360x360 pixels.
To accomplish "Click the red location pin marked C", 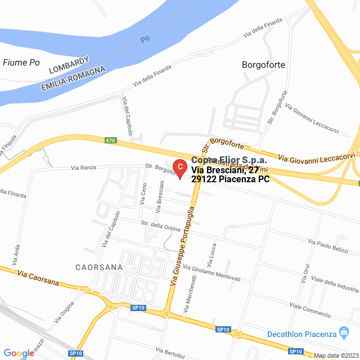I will coord(179,168).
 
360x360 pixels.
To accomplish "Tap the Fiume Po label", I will coord(21,62).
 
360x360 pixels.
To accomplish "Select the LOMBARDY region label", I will coord(69,65).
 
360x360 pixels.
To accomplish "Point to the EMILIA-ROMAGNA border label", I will coord(74,79).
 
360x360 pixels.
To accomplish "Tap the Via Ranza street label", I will coord(85,167).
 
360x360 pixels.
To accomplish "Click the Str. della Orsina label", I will coord(161,226).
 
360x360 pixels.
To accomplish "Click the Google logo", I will coord(18,353).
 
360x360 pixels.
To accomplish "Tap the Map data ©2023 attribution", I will coord(335,355).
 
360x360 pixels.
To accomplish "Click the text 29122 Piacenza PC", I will coord(231,179).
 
